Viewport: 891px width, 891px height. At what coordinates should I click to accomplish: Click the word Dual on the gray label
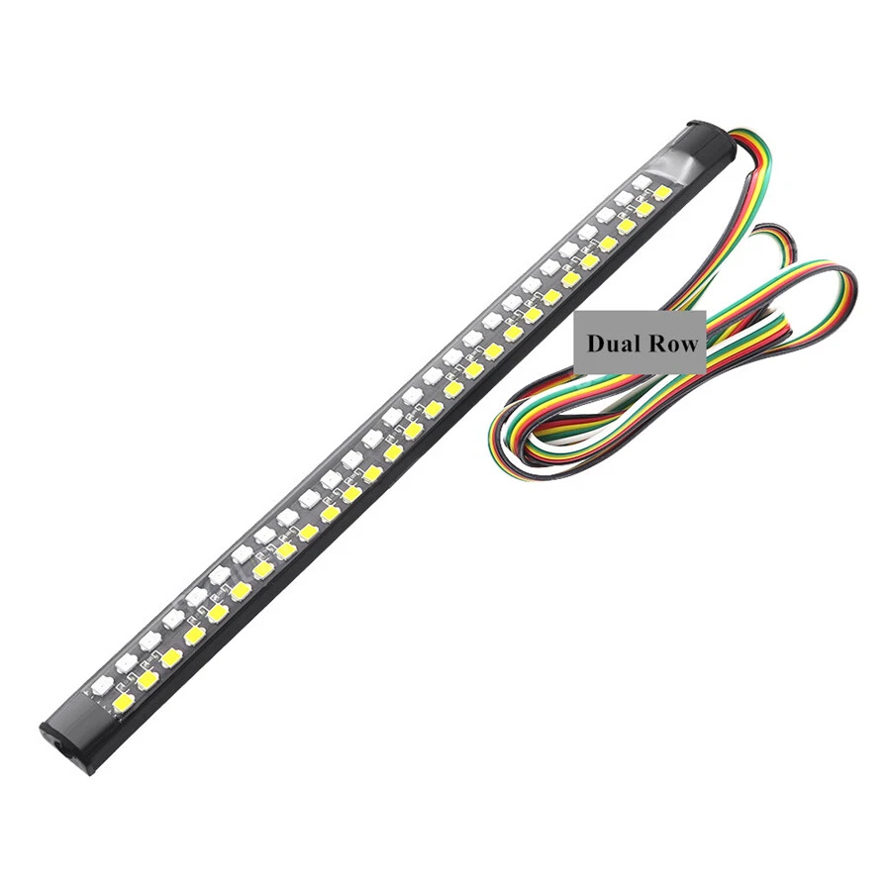(614, 344)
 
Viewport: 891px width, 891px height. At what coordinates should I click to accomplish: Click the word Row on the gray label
(673, 344)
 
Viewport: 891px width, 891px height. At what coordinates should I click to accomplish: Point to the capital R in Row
(657, 344)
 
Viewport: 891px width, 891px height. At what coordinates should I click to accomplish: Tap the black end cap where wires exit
(708, 139)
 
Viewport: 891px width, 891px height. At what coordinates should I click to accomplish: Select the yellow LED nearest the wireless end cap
(124, 702)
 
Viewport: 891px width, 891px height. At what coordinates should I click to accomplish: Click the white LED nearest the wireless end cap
(102, 683)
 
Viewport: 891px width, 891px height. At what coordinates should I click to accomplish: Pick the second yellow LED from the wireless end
(148, 679)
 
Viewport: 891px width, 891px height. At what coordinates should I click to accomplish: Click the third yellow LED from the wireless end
(170, 656)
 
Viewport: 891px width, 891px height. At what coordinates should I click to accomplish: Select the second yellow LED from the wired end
(644, 209)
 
